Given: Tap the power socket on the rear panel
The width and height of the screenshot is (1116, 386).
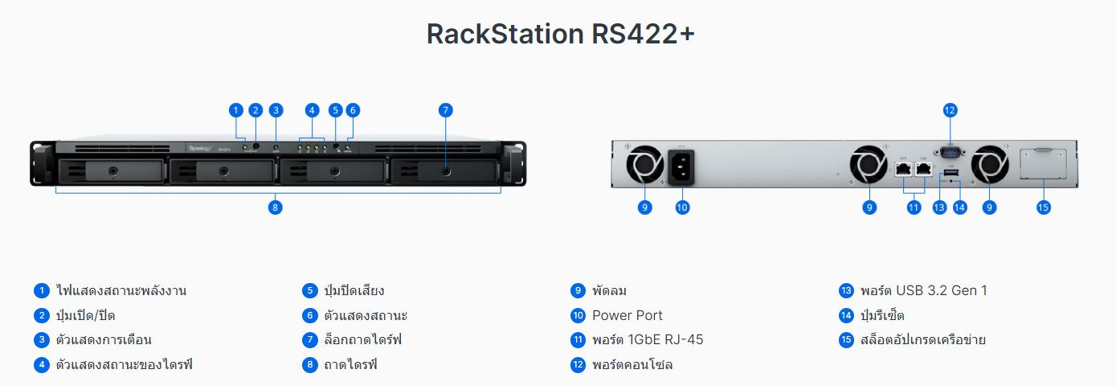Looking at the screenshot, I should click(x=681, y=168).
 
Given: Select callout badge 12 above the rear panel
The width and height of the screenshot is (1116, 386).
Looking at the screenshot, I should click(x=950, y=110).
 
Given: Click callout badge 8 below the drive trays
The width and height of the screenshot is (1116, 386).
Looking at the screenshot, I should click(x=276, y=207).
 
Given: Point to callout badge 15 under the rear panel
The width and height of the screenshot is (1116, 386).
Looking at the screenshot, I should click(x=1043, y=207).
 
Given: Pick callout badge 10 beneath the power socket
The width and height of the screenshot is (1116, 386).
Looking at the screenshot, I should click(x=682, y=207).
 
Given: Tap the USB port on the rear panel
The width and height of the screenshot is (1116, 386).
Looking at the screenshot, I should click(x=950, y=172).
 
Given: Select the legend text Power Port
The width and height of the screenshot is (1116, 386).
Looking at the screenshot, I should click(x=627, y=315).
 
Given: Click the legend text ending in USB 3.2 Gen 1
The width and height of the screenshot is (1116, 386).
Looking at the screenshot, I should click(x=923, y=290).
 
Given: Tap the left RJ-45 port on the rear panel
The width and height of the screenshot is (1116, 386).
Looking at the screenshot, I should click(x=902, y=169).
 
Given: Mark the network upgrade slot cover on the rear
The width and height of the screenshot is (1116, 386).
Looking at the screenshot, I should click(x=1042, y=164).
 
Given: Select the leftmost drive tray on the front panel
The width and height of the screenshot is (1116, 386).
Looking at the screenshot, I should click(x=112, y=171).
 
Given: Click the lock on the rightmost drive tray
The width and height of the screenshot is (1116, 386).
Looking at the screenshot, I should click(x=445, y=171).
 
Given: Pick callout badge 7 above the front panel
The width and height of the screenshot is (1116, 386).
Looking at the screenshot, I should click(x=446, y=110).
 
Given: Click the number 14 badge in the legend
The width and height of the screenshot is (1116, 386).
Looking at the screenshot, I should click(x=845, y=315).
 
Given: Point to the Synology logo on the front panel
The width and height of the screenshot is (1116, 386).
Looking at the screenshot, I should click(x=198, y=148).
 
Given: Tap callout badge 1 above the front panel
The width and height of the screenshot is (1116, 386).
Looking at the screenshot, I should click(x=235, y=110).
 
